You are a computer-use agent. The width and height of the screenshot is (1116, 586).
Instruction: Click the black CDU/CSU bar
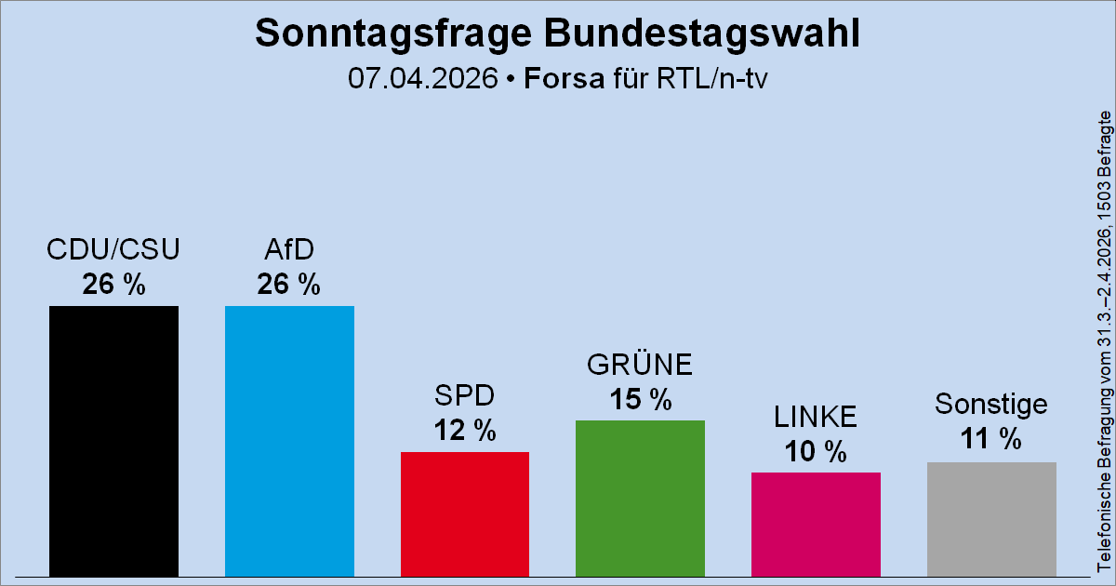pyautogui.click(x=113, y=441)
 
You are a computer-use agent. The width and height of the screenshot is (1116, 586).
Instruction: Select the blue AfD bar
pyautogui.click(x=289, y=441)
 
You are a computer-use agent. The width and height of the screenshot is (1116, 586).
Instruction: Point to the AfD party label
pyautogui.click(x=289, y=250)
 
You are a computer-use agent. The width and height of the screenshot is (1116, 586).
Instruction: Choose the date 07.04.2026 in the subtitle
pyautogui.click(x=423, y=78)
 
